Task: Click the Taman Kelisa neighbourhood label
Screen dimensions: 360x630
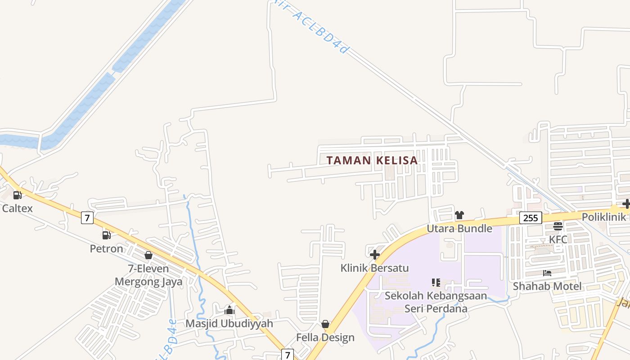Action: coord(372,160)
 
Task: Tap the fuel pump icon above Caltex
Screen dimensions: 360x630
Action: coord(18,195)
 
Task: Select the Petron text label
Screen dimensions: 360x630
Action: coord(106,248)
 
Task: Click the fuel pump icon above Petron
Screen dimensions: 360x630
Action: coord(107,235)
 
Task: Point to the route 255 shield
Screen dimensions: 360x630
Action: coord(531,218)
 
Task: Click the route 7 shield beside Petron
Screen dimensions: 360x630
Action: coord(87,218)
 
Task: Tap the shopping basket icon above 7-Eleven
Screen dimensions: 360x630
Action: coord(148,255)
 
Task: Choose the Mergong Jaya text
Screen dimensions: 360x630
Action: coord(148,282)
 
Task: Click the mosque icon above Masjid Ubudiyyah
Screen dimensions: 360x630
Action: coord(229,310)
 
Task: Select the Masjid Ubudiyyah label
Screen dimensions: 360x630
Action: coord(229,324)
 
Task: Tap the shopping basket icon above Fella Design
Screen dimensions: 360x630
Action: coord(325,324)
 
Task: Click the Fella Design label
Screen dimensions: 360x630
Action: coord(325,337)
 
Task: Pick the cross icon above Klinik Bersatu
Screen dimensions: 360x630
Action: coord(374,255)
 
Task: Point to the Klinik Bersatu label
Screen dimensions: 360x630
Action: coord(374,268)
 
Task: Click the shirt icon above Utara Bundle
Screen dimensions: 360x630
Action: coord(459,215)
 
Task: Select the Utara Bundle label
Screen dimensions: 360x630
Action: coord(459,229)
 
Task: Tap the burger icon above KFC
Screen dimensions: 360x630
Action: coord(558,226)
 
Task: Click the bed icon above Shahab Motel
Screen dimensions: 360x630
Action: coord(547,273)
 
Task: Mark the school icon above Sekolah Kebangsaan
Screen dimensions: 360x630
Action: coord(436,283)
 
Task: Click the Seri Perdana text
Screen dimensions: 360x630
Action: coord(436,309)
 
